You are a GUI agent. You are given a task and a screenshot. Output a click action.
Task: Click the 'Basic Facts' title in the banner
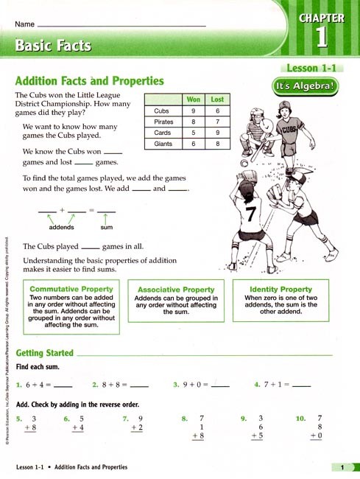point(53,45)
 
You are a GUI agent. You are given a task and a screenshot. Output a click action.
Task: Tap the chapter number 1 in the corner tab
point(321,38)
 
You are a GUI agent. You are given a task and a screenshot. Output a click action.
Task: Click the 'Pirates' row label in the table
point(163,122)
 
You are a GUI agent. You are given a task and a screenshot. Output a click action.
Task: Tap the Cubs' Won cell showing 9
point(194,111)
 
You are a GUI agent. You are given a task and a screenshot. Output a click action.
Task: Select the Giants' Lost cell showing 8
point(217,144)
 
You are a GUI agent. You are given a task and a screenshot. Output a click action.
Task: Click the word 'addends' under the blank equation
point(56,228)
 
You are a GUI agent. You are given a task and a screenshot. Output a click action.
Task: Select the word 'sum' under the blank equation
point(106,228)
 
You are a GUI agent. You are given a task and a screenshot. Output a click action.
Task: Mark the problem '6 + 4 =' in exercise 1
point(39,385)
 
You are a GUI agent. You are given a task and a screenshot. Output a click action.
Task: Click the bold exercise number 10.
point(300,419)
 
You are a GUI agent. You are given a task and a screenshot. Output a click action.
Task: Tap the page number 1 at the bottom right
point(342,467)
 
